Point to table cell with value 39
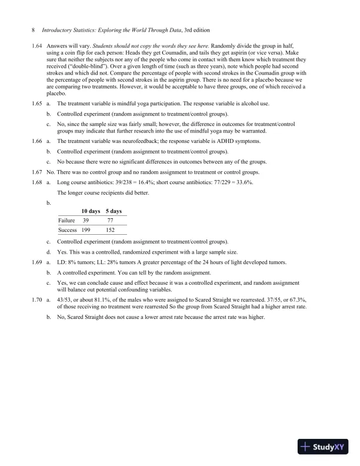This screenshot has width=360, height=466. (x=86, y=220)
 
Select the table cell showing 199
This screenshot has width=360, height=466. (x=86, y=230)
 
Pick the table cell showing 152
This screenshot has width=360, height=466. (x=109, y=230)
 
